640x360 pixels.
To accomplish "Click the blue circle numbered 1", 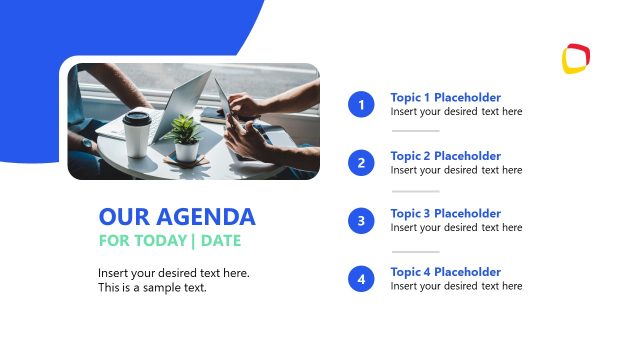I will pyautogui.click(x=361, y=104).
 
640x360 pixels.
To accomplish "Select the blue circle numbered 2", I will pyautogui.click(x=361, y=162).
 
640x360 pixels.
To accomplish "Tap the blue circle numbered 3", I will pyautogui.click(x=361, y=220).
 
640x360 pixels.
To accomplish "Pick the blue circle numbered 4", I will pyautogui.click(x=361, y=278).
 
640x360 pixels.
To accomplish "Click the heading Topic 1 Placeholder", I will pyautogui.click(x=445, y=98).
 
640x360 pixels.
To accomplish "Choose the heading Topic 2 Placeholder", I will pyautogui.click(x=445, y=156).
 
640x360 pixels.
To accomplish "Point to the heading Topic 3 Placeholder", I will pyautogui.click(x=445, y=214).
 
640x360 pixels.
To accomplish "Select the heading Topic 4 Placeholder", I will pyautogui.click(x=445, y=272).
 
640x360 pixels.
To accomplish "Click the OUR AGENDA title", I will pyautogui.click(x=177, y=217).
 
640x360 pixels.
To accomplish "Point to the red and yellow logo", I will pyautogui.click(x=575, y=58).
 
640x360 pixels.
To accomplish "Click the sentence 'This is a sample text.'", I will pyautogui.click(x=152, y=288).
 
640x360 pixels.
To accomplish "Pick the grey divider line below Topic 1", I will pyautogui.click(x=415, y=131).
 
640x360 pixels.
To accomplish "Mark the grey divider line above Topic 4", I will pyautogui.click(x=415, y=251).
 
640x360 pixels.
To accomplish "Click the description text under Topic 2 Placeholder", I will pyautogui.click(x=456, y=170).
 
